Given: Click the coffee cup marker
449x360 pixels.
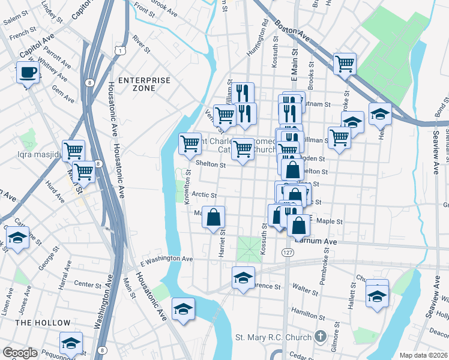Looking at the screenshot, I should (x=27, y=73).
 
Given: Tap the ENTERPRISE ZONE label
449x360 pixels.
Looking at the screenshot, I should (x=144, y=84).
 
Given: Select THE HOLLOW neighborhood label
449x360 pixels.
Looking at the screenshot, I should (x=43, y=323).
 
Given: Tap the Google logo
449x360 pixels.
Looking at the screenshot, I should (x=20, y=353).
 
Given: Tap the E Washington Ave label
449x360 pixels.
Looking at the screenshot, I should (x=166, y=259).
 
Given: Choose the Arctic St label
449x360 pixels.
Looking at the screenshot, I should (x=205, y=195).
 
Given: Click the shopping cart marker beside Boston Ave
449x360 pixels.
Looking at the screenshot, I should (x=345, y=63).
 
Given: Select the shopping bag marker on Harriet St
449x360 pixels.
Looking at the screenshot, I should (x=214, y=217).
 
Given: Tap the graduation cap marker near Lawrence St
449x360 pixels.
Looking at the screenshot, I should (x=243, y=278).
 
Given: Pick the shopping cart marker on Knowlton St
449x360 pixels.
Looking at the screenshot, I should (x=190, y=143).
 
